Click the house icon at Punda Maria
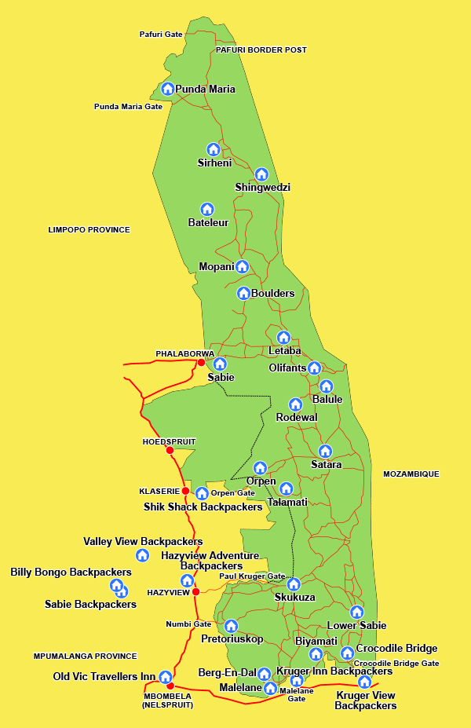[167, 89]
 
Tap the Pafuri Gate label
[161, 35]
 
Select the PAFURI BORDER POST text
[261, 49]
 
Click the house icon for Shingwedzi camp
[261, 174]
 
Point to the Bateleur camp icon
[207, 209]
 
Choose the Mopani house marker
[243, 266]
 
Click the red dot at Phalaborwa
[201, 363]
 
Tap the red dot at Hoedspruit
[170, 450]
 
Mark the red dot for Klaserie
[185, 491]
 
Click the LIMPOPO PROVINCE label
[89, 229]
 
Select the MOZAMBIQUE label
[411, 474]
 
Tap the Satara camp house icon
[325, 451]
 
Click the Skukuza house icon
[294, 584]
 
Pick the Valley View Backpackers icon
[142, 555]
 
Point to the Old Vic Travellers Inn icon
[166, 677]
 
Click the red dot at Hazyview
[196, 591]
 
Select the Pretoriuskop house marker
[231, 626]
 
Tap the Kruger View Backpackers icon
[364, 682]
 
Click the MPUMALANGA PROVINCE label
[85, 656]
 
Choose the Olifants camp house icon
[314, 368]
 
